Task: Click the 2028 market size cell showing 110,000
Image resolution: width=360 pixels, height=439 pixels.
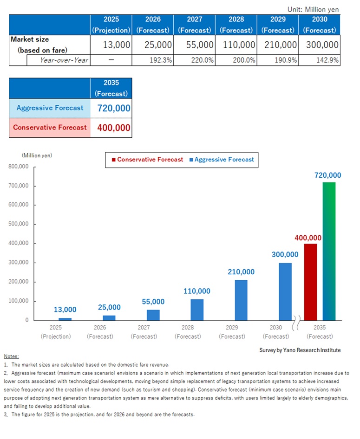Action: [236, 45]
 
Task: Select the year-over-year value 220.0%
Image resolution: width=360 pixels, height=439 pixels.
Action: [195, 60]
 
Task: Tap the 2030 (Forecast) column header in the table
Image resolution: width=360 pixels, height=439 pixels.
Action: [320, 25]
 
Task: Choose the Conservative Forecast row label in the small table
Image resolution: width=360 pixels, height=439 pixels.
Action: [50, 128]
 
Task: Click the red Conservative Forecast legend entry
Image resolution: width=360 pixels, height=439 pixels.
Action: [147, 160]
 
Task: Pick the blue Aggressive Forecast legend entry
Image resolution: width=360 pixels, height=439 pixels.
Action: [222, 160]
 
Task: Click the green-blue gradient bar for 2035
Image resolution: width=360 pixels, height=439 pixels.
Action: [329, 251]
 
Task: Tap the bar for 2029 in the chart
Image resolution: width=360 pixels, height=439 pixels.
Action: [241, 300]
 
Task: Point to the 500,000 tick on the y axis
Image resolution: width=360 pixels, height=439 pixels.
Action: [19, 224]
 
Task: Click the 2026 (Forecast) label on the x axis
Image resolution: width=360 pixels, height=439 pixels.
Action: [100, 332]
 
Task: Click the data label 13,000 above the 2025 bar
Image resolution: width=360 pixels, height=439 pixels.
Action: [65, 310]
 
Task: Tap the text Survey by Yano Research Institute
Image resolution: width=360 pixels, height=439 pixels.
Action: [300, 350]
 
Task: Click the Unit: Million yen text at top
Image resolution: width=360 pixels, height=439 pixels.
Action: [314, 9]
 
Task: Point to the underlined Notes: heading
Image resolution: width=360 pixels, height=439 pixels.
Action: [11, 356]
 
